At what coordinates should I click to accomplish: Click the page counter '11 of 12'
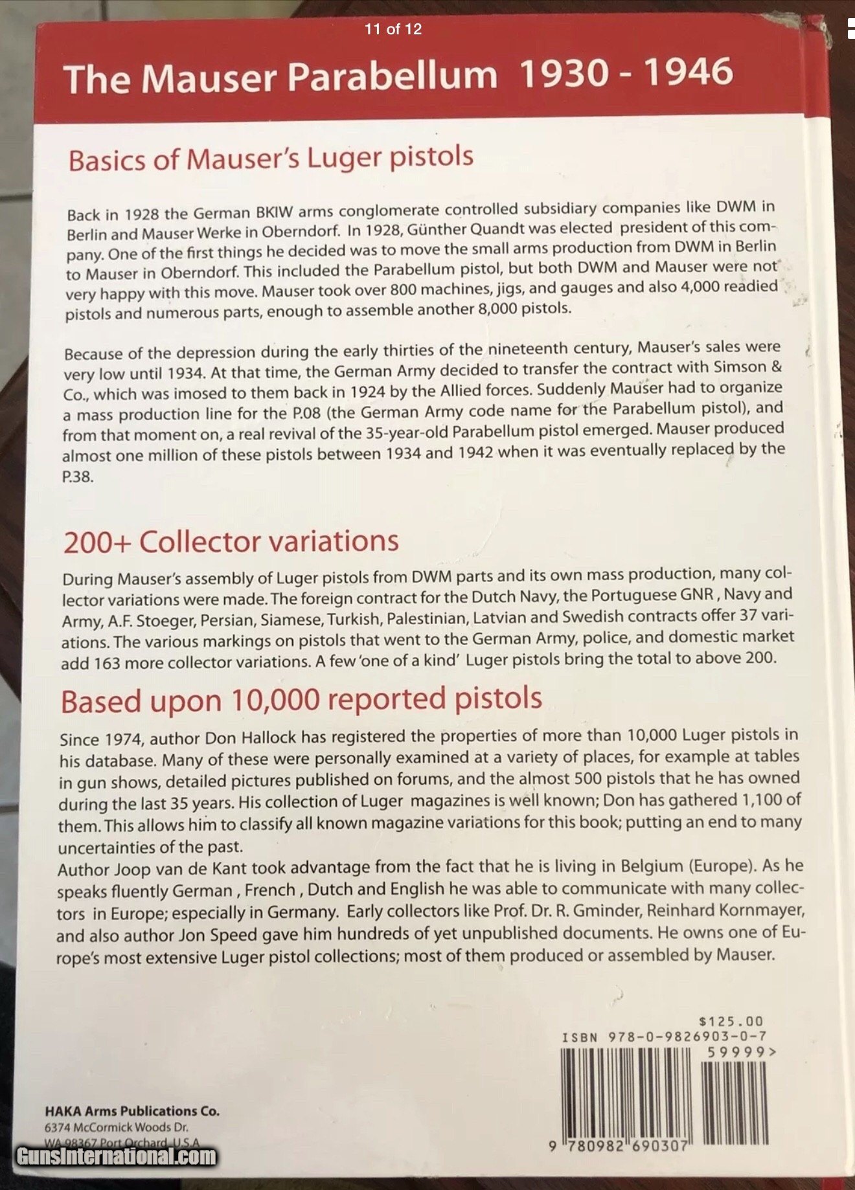393,29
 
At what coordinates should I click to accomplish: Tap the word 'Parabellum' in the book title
392,76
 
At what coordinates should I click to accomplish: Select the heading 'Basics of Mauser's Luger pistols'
271,159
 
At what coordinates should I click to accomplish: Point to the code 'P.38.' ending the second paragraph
78,477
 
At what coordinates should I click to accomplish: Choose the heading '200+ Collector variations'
231,542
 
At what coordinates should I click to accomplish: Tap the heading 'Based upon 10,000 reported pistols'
301,700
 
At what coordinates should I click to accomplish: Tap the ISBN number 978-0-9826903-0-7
688,1037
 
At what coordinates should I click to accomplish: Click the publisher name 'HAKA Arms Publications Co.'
132,1111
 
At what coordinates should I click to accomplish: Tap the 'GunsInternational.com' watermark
117,1156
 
